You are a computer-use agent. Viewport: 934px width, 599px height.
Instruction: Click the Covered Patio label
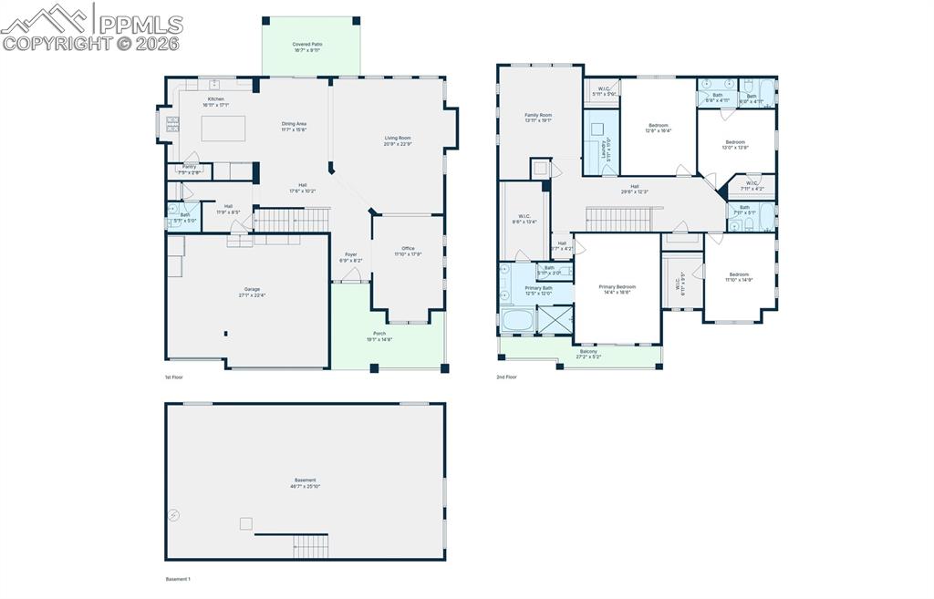click(307, 46)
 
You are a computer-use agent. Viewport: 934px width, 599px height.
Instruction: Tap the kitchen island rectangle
click(223, 128)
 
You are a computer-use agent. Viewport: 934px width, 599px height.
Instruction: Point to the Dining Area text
click(294, 127)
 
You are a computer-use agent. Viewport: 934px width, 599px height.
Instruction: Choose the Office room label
click(408, 251)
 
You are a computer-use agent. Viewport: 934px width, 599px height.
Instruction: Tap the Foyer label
click(351, 257)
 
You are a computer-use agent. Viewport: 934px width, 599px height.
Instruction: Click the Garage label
click(252, 292)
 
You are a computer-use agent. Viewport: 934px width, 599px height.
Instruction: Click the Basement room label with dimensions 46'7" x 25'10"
click(305, 483)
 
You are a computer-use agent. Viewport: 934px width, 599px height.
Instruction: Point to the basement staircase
click(310, 546)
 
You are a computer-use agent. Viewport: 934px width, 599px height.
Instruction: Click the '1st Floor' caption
click(174, 377)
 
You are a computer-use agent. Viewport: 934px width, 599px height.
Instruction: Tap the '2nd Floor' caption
click(506, 377)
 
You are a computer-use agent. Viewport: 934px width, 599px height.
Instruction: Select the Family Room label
click(538, 118)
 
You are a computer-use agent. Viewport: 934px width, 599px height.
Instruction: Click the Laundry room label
click(605, 149)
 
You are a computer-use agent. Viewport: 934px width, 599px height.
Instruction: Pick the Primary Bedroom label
click(617, 289)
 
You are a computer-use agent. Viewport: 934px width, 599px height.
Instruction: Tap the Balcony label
click(588, 354)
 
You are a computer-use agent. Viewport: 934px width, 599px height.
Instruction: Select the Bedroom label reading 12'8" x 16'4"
click(659, 128)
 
